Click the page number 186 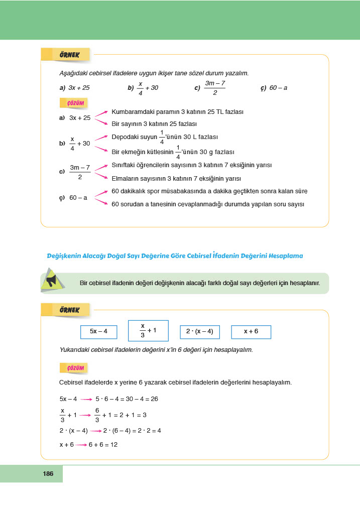[48, 473]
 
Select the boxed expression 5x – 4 [98, 331]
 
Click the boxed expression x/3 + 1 [148, 330]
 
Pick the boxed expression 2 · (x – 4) [199, 331]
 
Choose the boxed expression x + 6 [251, 331]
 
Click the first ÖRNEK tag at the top [66, 54]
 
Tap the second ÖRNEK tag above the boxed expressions [66, 310]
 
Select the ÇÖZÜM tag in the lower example [75, 368]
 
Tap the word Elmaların [125, 178]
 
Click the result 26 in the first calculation [154, 399]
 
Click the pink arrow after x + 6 [81, 445]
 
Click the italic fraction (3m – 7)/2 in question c [215, 87]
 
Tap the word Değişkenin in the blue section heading [63, 255]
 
